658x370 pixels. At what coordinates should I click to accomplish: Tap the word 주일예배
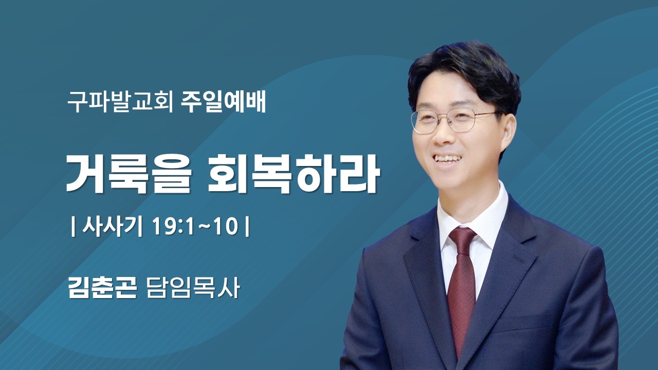pyautogui.click(x=224, y=102)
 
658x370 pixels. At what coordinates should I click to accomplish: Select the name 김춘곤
pyautogui.click(x=102, y=287)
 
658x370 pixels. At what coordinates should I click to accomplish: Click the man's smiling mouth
pyautogui.click(x=448, y=158)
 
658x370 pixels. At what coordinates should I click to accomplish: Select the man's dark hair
pyautogui.click(x=463, y=69)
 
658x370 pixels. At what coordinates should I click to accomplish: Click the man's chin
pyautogui.click(x=452, y=177)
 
